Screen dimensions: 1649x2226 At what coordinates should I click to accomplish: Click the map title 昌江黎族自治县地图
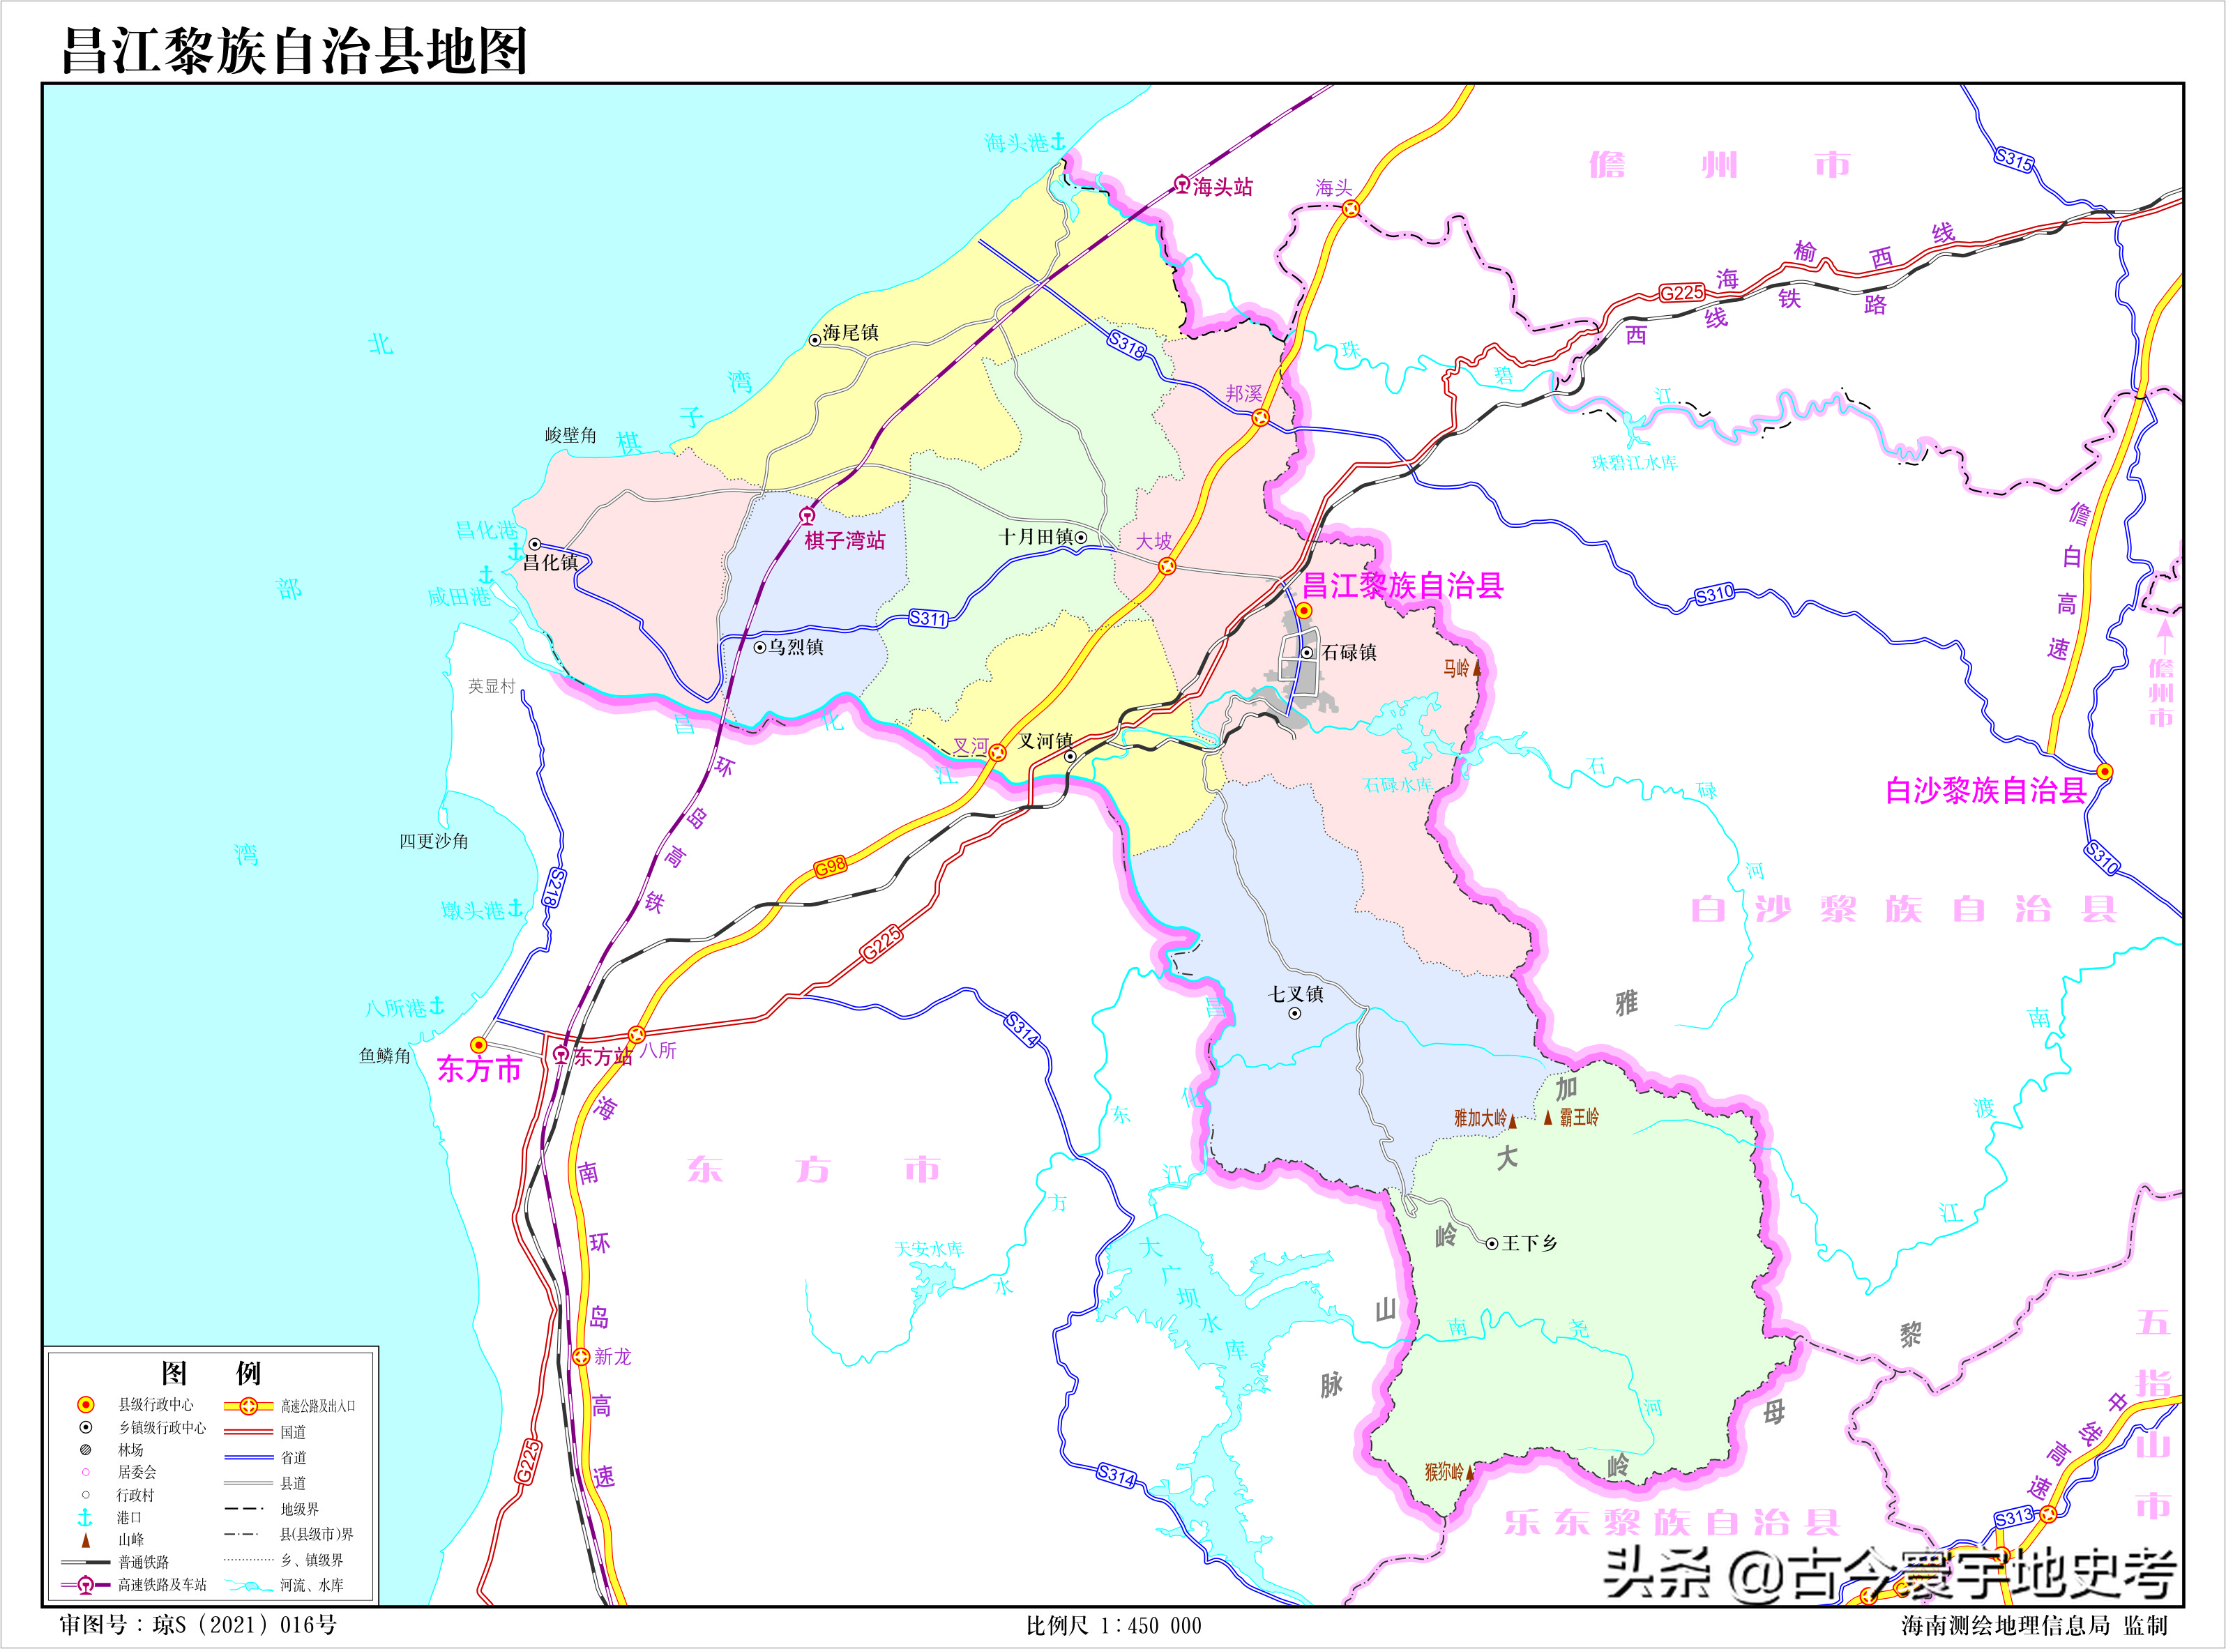click(x=294, y=50)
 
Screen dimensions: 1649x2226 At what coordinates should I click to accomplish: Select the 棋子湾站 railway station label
click(x=845, y=540)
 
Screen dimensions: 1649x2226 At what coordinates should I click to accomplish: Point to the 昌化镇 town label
click(x=550, y=562)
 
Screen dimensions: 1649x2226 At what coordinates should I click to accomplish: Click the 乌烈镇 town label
click(x=796, y=647)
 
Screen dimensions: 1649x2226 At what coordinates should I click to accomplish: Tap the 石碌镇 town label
click(x=1349, y=652)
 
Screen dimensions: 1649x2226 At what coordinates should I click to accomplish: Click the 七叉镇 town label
click(x=1296, y=994)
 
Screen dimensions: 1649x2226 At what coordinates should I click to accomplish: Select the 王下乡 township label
click(x=1529, y=1243)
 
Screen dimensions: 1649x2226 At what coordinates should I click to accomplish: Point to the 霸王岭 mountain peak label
click(x=1578, y=1117)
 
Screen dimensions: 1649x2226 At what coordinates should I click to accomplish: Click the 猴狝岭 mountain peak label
click(x=1444, y=1471)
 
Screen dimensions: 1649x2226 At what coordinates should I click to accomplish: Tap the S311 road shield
click(x=927, y=618)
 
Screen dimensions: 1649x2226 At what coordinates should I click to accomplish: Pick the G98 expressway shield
click(x=831, y=867)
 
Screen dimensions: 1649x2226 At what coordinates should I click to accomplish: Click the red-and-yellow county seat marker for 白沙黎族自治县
click(x=2104, y=772)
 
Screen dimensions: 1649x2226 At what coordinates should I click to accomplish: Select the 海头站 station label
click(x=1222, y=187)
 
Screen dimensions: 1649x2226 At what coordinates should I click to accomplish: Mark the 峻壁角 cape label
click(x=570, y=435)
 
